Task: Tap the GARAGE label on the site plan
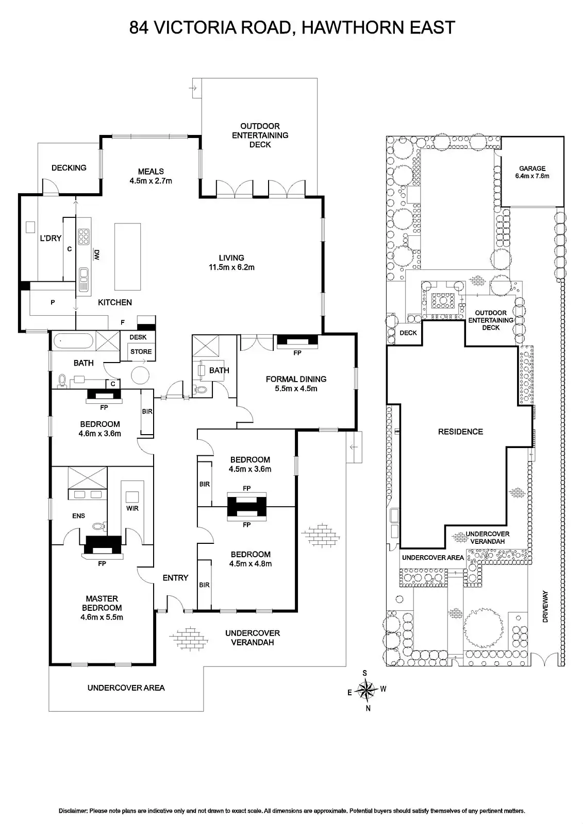tap(532, 168)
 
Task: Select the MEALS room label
tap(151, 171)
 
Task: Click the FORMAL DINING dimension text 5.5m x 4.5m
tap(296, 388)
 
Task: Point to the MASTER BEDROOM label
tap(102, 603)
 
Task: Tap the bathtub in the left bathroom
tap(73, 340)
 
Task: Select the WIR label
tap(132, 508)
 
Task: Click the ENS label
tap(78, 516)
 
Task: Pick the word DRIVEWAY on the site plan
tap(545, 607)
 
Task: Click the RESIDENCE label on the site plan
tap(460, 432)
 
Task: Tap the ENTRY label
tap(175, 578)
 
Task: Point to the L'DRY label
tap(51, 238)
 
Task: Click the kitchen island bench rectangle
tap(127, 257)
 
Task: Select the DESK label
tap(138, 337)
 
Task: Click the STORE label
tap(141, 352)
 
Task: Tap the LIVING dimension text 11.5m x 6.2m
tap(231, 267)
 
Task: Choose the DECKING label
tap(69, 167)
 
